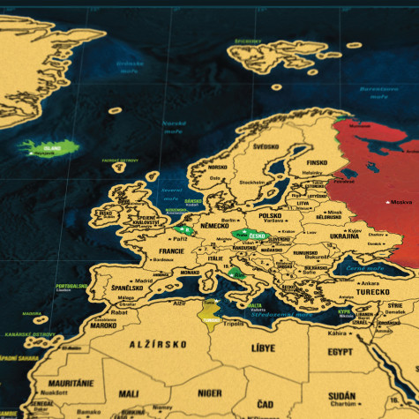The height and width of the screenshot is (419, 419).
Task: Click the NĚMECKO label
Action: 220,227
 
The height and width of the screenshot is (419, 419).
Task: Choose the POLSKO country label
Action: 270,215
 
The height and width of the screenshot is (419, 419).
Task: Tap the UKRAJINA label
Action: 342,236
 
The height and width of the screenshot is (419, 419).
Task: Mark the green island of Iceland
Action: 47,146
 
